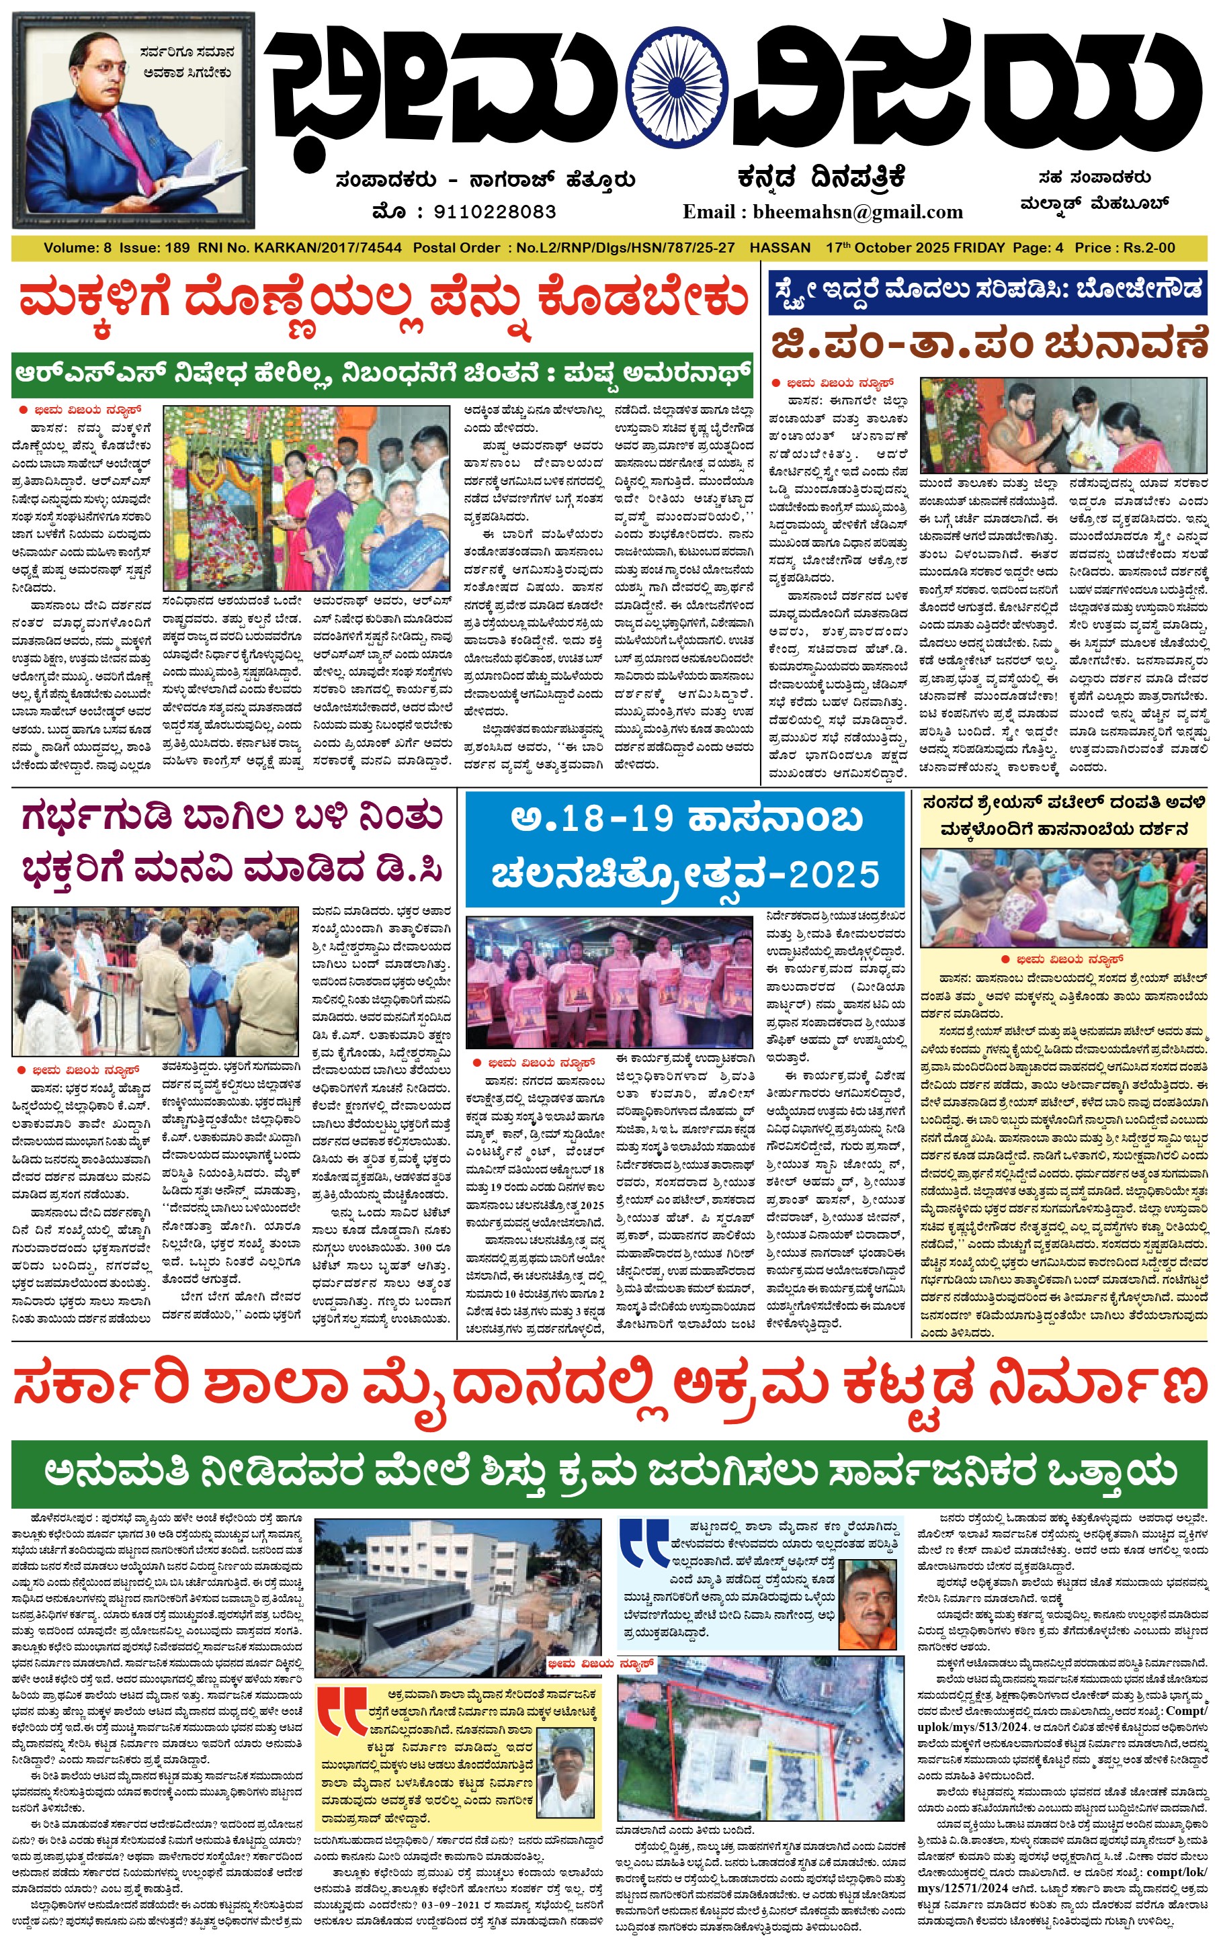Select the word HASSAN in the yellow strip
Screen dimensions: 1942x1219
click(779, 248)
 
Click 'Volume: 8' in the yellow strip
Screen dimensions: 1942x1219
click(77, 248)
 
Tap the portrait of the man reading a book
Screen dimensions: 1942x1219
click(133, 121)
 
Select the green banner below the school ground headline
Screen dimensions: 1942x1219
click(609, 1472)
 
